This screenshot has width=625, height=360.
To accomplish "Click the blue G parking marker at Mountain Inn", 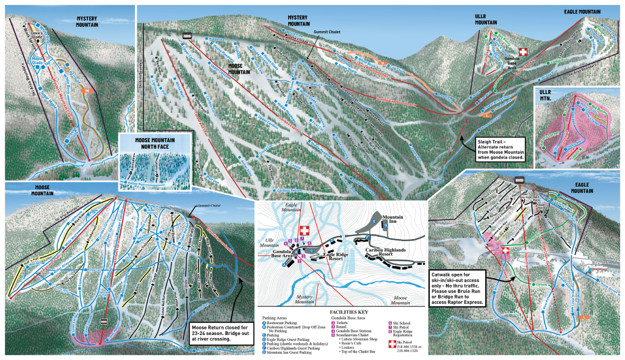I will [386, 225].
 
